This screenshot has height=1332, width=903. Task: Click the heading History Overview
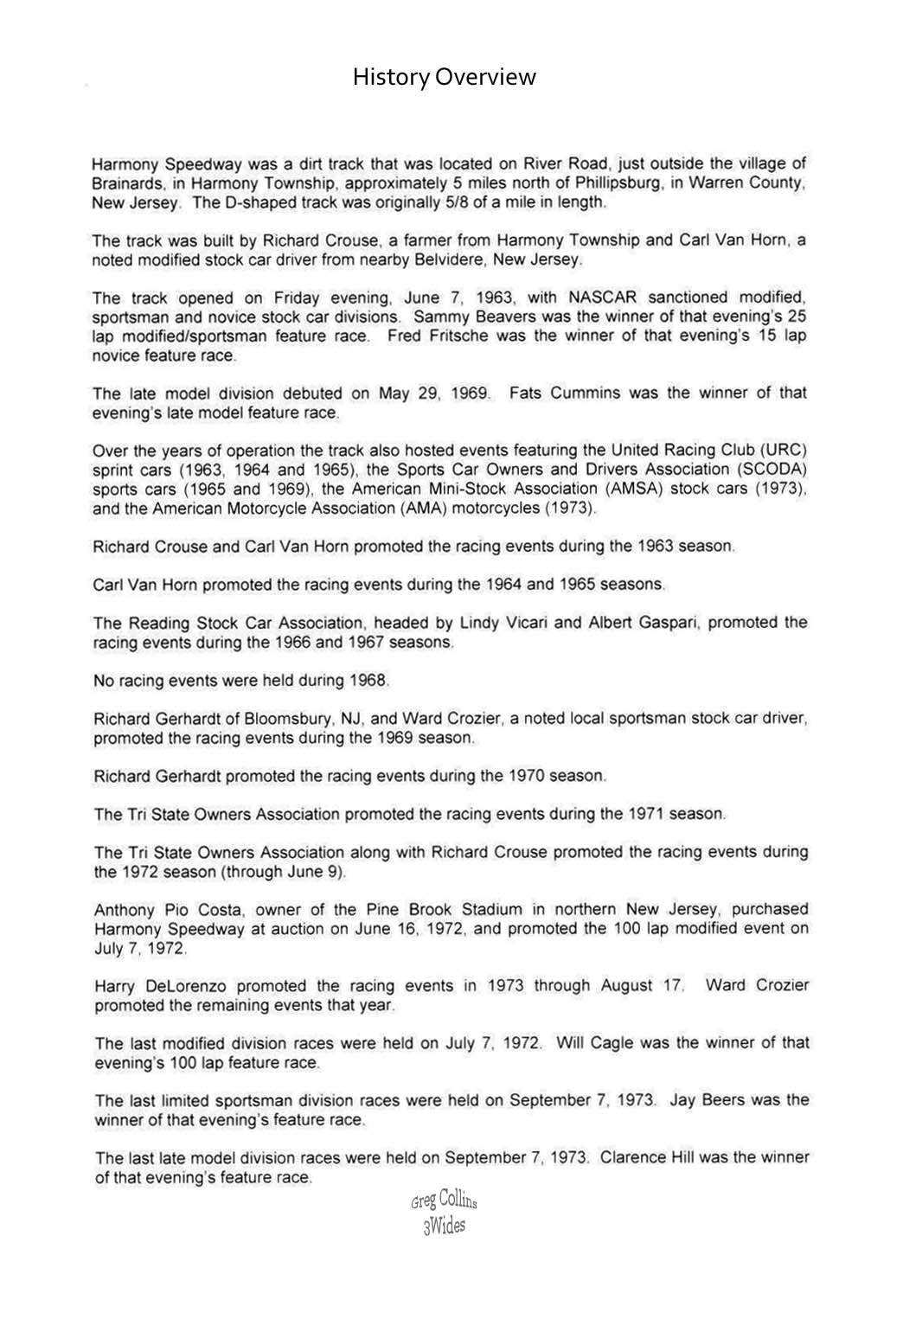coord(444,78)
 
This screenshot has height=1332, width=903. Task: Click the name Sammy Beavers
coord(468,317)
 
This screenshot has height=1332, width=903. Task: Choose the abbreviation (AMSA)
coord(635,489)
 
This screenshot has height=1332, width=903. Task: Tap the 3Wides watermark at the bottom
coord(444,1226)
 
